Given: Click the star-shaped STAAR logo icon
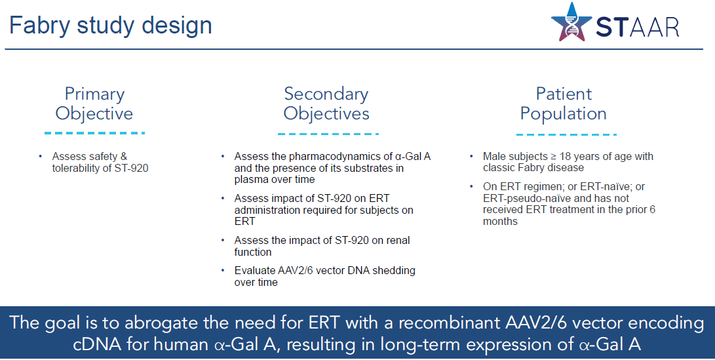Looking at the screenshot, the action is (x=571, y=23).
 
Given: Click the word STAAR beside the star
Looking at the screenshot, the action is (x=638, y=28).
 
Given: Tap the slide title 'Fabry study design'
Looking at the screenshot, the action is (x=111, y=25).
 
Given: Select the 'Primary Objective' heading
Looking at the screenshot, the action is (x=94, y=104).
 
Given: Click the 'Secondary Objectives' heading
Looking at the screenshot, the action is (x=326, y=104).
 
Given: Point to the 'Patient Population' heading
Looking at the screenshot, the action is (x=564, y=104).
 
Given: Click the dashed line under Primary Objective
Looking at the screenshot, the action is (x=94, y=133).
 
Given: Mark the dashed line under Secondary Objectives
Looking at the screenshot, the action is (x=328, y=134).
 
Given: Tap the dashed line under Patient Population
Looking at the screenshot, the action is (x=566, y=134).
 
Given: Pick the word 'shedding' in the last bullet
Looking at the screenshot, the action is (x=394, y=271).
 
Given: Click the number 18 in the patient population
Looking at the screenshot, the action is (x=565, y=157).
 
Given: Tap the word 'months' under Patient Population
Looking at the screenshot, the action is (x=500, y=222).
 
